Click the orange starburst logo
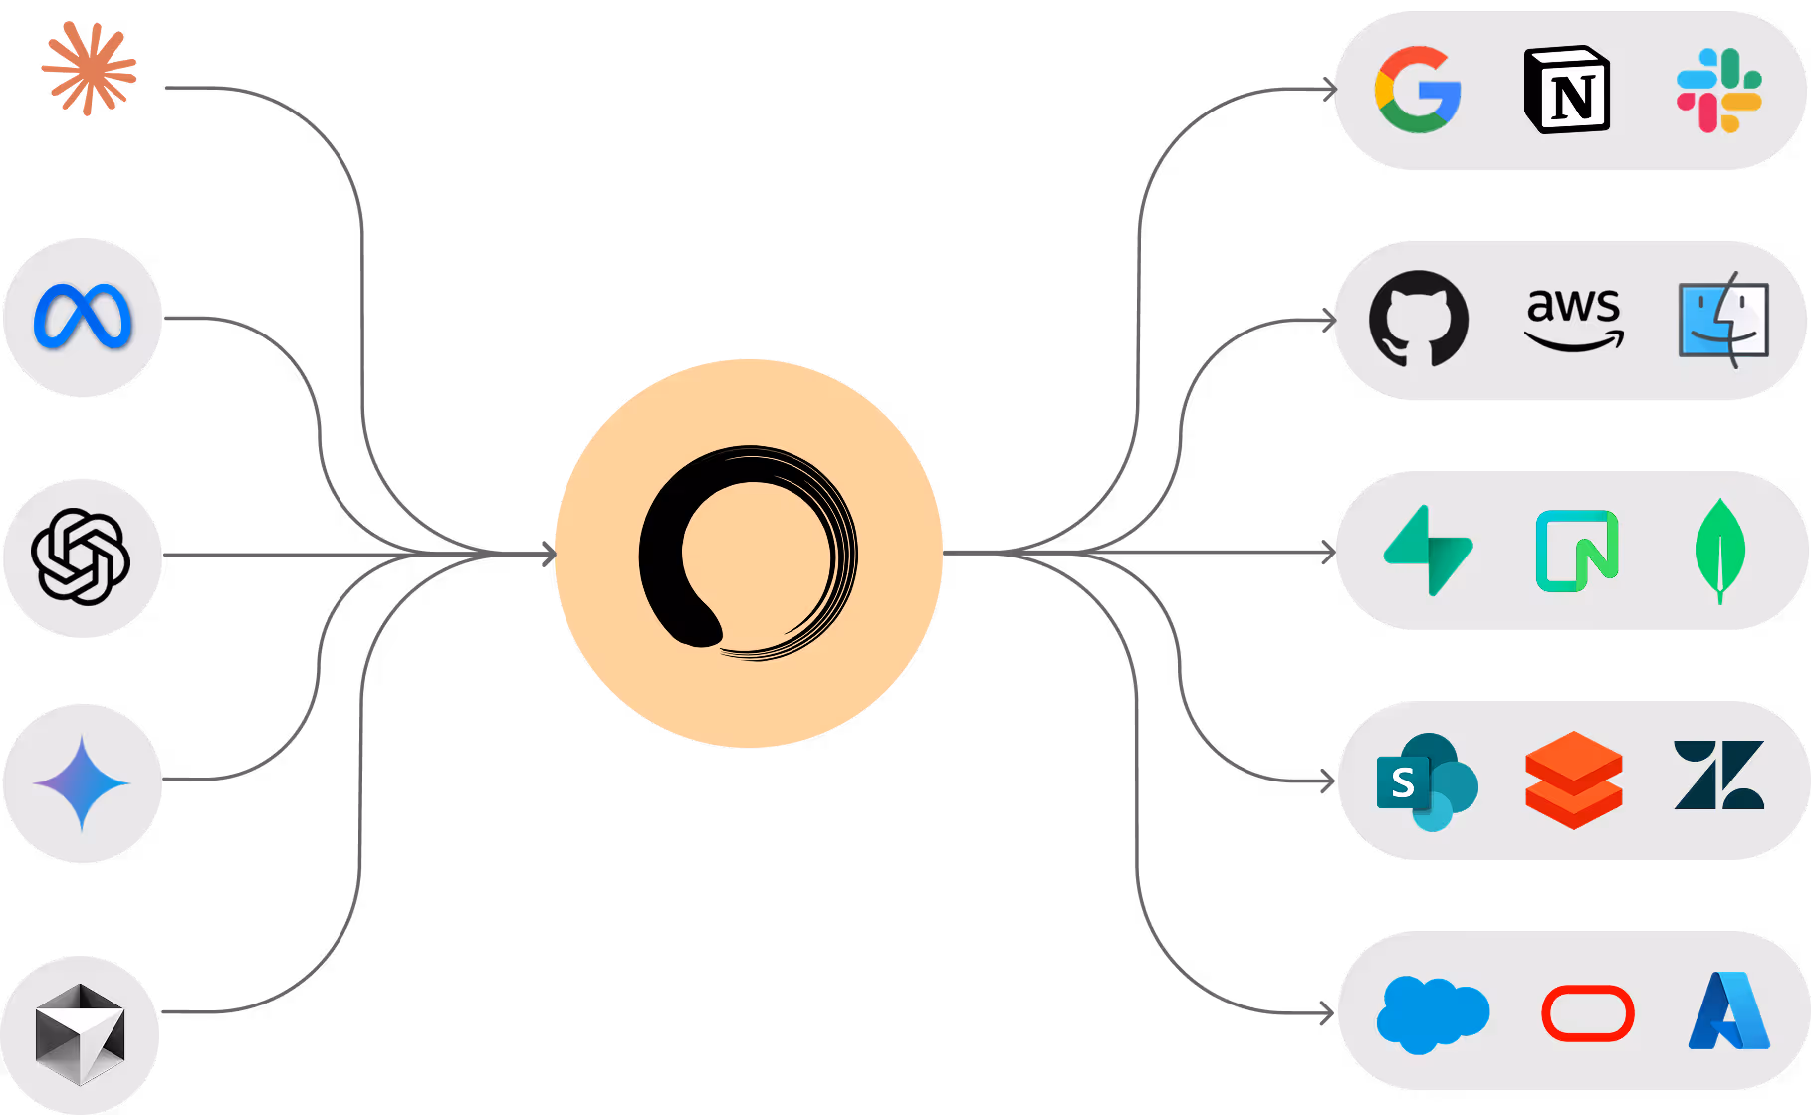tap(89, 69)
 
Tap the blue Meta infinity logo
tap(83, 317)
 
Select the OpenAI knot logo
tap(81, 557)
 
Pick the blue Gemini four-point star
tap(82, 783)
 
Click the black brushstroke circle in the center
tap(748, 553)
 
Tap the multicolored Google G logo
tap(1417, 90)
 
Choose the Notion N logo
tap(1567, 90)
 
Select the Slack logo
tap(1718, 90)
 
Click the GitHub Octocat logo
tap(1418, 320)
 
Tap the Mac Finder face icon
tap(1723, 320)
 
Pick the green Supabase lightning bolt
tap(1429, 551)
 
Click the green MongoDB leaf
tap(1719, 551)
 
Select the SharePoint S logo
tap(1426, 782)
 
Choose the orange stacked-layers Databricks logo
tap(1573, 780)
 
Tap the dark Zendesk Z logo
tap(1719, 776)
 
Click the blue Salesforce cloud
tap(1432, 1013)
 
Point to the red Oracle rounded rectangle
tap(1587, 1013)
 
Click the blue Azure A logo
tap(1728, 1011)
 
